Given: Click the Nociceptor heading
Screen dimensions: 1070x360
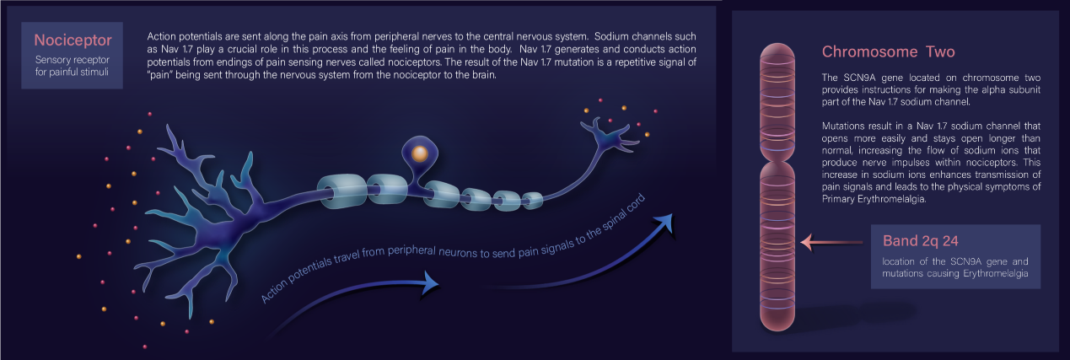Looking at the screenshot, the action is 73,40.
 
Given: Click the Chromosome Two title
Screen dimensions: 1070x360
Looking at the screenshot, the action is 888,51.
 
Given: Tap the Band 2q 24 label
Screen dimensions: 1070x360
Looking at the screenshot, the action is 920,240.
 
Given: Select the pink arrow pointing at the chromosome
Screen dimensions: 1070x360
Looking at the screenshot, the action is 831,242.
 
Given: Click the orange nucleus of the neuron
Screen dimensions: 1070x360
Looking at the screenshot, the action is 419,153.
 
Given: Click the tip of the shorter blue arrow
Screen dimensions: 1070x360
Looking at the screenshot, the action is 438,284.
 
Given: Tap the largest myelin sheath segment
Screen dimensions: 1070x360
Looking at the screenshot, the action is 342,191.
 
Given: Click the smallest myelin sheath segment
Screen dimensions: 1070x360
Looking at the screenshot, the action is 532,200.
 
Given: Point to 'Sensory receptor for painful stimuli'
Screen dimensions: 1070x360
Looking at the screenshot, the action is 73,66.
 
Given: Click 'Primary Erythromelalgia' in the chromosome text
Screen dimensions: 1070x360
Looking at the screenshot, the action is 874,199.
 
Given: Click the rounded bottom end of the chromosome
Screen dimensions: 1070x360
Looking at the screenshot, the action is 777,321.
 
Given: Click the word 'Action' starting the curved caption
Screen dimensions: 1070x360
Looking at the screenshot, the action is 274,292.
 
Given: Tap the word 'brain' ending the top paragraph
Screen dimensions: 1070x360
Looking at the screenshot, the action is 484,75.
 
